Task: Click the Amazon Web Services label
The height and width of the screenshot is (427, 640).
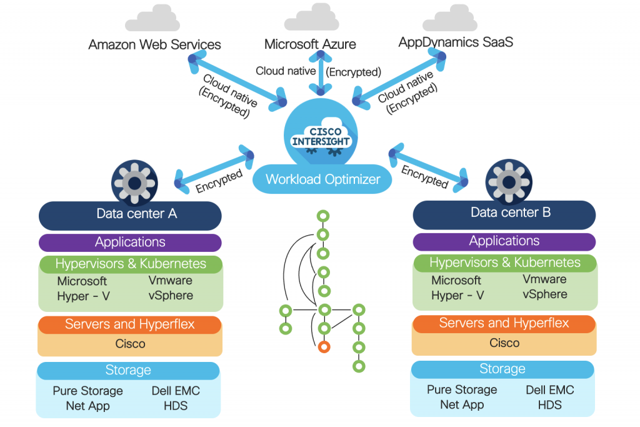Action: tap(154, 45)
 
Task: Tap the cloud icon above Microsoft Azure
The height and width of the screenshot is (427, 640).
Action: tap(311, 19)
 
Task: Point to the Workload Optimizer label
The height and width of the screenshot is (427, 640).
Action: tap(322, 179)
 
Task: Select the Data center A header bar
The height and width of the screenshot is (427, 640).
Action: tap(130, 214)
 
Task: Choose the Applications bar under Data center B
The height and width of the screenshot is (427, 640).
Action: tap(504, 241)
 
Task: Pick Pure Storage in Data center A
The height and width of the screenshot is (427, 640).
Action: tap(87, 391)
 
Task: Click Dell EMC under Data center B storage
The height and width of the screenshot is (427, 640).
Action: tap(549, 389)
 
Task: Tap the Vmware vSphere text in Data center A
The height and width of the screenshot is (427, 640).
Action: tap(171, 288)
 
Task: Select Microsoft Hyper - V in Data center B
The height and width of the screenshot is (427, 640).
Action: tap(456, 288)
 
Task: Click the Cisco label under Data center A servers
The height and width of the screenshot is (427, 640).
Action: tap(130, 344)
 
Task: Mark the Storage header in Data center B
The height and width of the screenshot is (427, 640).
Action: tap(502, 369)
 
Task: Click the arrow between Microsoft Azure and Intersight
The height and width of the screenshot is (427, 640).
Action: tap(321, 73)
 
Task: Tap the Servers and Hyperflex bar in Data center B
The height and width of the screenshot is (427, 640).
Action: tap(504, 323)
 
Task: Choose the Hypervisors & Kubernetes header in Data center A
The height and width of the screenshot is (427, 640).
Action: tap(131, 263)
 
